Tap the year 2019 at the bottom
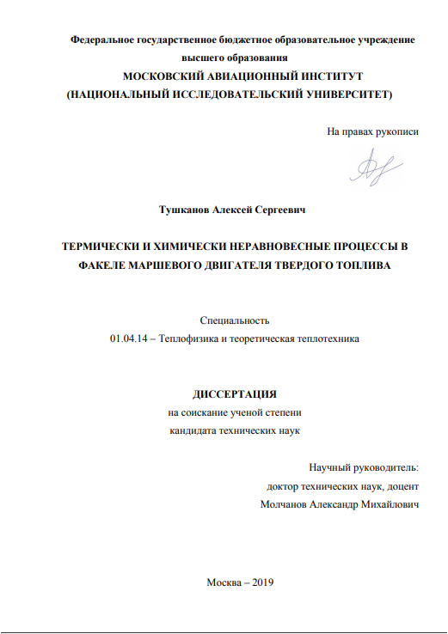pyautogui.click(x=259, y=582)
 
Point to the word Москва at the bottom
pyautogui.click(x=224, y=582)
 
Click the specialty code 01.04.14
pyautogui.click(x=127, y=339)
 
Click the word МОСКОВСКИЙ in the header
pyautogui.click(x=162, y=76)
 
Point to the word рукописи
pyautogui.click(x=397, y=131)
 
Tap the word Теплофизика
pyautogui.click(x=199, y=339)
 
